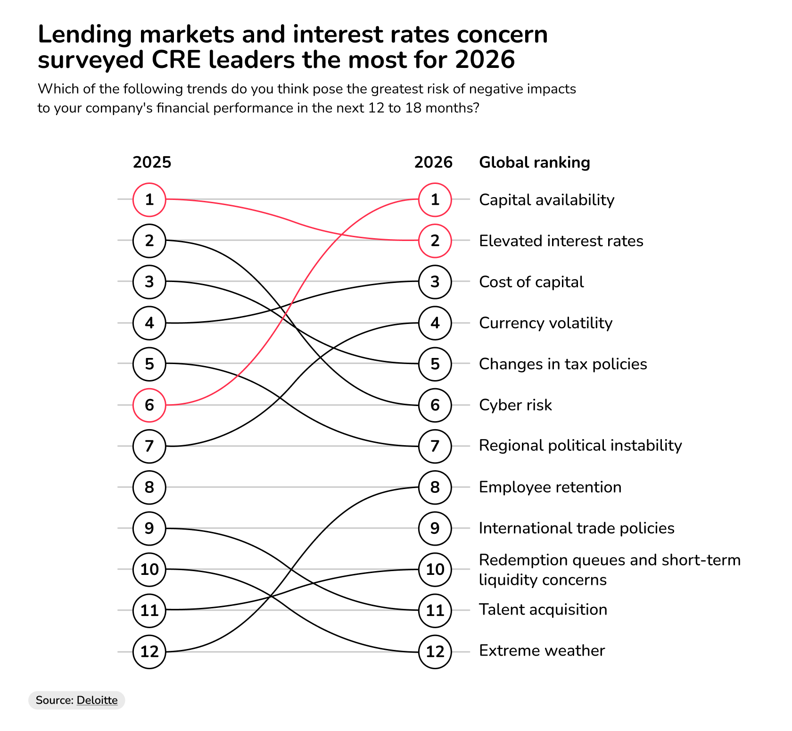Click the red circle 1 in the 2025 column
pos(149,199)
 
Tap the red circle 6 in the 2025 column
pos(149,405)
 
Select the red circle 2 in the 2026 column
pos(435,241)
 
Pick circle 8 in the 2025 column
pos(149,487)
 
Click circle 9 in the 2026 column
pos(435,528)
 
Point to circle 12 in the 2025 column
pos(149,652)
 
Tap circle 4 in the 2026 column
pos(435,323)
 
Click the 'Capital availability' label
pos(546,200)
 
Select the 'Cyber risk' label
pos(515,405)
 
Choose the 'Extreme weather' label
pos(542,651)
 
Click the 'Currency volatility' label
pos(545,323)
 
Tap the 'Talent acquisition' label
pos(543,610)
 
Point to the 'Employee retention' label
pos(550,487)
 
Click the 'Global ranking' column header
pos(534,163)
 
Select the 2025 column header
pos(152,163)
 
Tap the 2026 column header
pos(433,163)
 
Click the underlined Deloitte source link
pos(97,700)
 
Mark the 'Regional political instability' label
pos(580,446)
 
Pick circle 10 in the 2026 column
pos(435,569)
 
